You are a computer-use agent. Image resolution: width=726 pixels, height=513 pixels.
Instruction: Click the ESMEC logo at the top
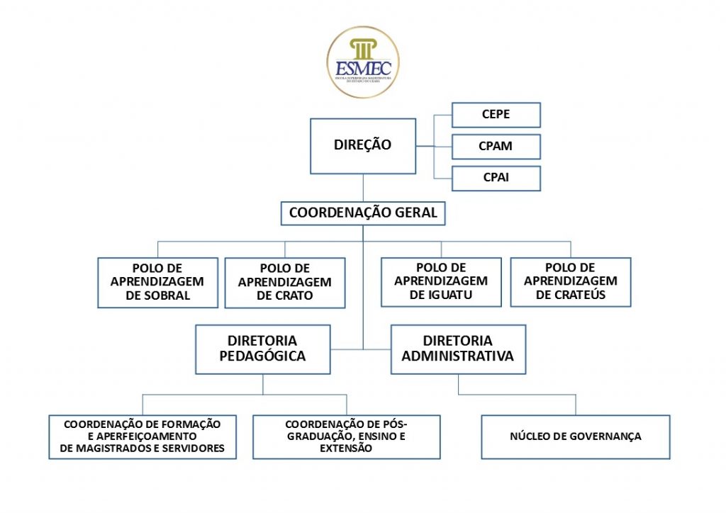pyautogui.click(x=362, y=62)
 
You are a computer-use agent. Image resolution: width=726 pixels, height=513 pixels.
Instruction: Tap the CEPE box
pyautogui.click(x=496, y=115)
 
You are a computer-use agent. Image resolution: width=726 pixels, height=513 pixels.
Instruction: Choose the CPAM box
pyautogui.click(x=496, y=147)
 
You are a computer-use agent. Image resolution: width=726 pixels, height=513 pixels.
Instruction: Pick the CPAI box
pyautogui.click(x=496, y=178)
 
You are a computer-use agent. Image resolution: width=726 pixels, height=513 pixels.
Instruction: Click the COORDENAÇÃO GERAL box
pyautogui.click(x=363, y=213)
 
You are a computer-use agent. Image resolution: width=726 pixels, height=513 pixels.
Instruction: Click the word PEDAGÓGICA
pyautogui.click(x=262, y=356)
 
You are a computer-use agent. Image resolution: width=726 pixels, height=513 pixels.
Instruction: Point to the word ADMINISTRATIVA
pyautogui.click(x=457, y=356)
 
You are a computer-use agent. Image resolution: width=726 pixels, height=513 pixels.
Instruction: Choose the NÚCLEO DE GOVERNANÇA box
pyautogui.click(x=575, y=436)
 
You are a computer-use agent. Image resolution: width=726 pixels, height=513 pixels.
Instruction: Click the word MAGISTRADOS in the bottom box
pyautogui.click(x=115, y=449)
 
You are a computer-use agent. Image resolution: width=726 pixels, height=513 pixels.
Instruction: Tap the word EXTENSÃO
pyautogui.click(x=346, y=449)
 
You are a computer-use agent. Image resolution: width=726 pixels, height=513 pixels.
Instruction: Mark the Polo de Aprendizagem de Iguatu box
pyautogui.click(x=441, y=281)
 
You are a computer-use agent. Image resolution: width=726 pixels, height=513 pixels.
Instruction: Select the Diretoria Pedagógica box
pyautogui.click(x=262, y=349)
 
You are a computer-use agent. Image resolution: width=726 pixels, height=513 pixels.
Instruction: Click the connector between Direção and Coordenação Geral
pyautogui.click(x=363, y=188)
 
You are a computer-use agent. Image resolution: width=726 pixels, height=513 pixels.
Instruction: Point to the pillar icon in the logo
pyautogui.click(x=362, y=50)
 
